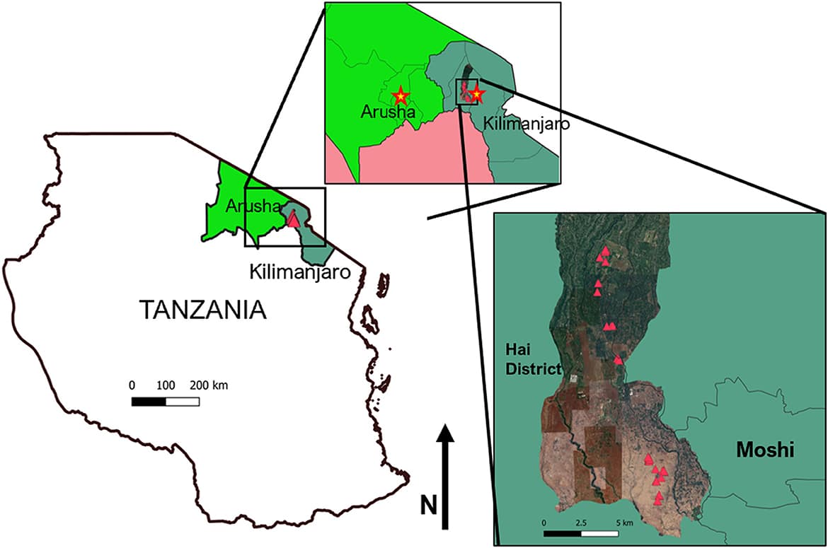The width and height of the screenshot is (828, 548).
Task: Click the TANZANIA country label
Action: point(203,310)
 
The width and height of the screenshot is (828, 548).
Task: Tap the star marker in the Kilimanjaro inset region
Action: point(477,93)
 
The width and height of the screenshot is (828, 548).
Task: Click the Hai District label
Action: point(531,359)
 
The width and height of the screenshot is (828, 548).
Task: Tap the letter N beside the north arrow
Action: point(428,506)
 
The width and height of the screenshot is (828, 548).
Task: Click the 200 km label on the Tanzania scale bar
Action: point(209,386)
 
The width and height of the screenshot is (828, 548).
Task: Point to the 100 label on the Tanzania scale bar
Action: point(166,386)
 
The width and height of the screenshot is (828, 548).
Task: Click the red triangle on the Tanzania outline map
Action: point(293,219)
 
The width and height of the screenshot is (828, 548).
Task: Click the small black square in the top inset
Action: point(468,93)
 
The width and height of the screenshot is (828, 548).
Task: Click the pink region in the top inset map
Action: point(418,156)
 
